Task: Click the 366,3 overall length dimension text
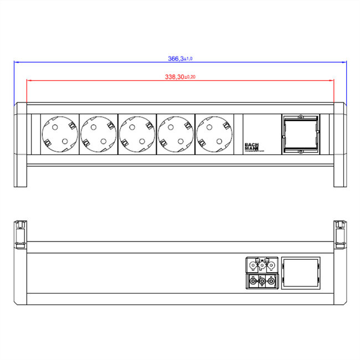pos(176,58)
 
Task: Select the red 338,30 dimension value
pos(175,77)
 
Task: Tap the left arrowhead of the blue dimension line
pos(16,62)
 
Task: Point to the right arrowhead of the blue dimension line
pos(344,62)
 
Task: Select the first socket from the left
pos(59,135)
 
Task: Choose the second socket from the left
pos(98,135)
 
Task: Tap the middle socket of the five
pos(137,135)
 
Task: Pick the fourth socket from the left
pos(176,135)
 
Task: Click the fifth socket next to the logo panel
pos(214,135)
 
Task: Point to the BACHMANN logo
pos(253,147)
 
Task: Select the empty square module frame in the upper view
pos(301,134)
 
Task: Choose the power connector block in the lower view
pos(260,273)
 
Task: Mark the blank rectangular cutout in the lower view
pos(301,273)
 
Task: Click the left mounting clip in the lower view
pos(20,233)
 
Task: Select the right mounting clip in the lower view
pos(340,233)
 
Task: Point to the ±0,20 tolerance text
pos(189,77)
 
